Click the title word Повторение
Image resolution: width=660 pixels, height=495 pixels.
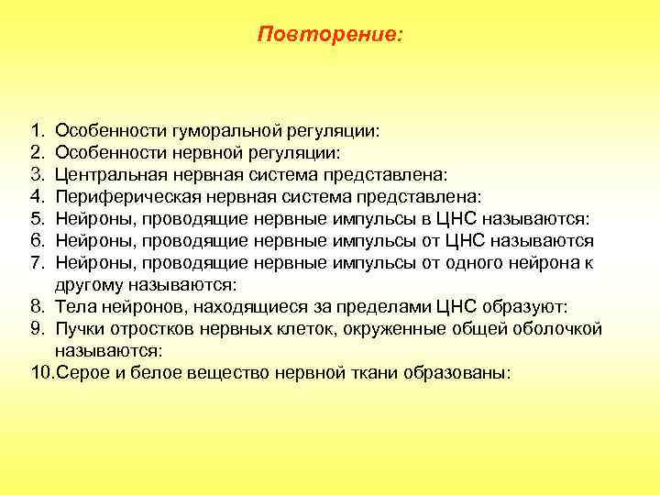(x=329, y=34)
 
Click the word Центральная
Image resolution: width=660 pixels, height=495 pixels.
(x=101, y=174)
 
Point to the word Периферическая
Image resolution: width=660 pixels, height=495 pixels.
(x=115, y=194)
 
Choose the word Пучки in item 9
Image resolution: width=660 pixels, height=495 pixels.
(x=78, y=329)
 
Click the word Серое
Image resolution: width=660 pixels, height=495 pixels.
(x=79, y=374)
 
